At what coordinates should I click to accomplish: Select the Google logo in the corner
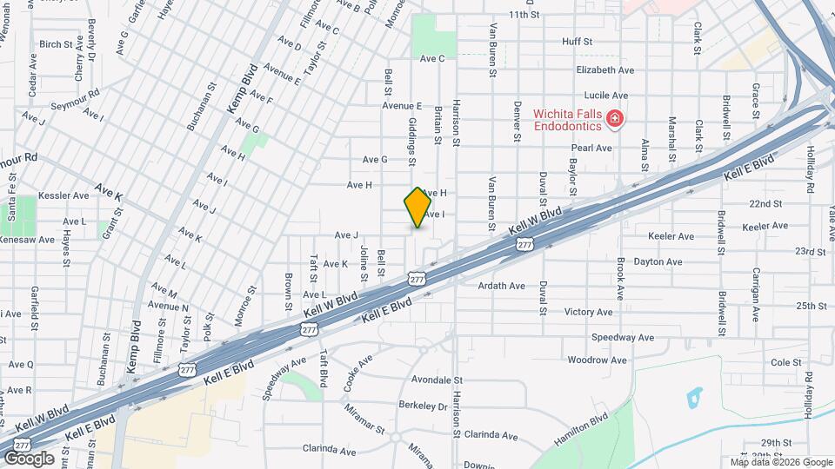click(29, 459)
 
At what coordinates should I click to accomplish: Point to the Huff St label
click(577, 41)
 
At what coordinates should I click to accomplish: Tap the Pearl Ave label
click(592, 148)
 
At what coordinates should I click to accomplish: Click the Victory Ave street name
click(589, 311)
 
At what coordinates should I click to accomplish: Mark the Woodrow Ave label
click(597, 360)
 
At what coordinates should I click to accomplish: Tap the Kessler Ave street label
click(64, 195)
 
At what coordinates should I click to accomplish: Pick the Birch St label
click(56, 43)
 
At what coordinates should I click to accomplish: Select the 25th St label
click(810, 306)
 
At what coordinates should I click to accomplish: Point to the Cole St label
click(785, 362)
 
